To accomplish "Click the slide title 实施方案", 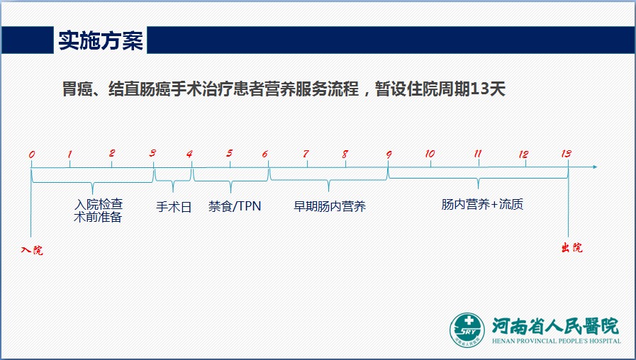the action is (101, 40).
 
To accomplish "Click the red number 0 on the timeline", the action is (32, 154).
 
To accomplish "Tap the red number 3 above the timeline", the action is (152, 153).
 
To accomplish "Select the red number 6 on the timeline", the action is (265, 154).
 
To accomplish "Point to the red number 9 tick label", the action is (389, 154).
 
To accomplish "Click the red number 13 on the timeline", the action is (567, 153).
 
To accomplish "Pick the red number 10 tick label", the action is (430, 154).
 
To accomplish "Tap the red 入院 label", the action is (32, 249).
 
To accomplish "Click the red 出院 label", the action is (572, 247).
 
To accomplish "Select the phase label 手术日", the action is (174, 207).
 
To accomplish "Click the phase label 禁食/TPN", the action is (235, 206).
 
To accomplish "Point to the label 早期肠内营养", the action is (330, 206).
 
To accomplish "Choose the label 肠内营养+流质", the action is (482, 204).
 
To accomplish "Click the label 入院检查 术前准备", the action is (98, 210).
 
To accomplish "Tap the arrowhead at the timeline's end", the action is (595, 167).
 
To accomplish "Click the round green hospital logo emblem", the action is (467, 330).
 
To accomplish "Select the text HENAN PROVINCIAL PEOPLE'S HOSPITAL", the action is (557, 341).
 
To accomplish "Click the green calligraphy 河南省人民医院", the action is (556, 325).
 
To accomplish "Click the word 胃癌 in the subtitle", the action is (77, 89).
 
